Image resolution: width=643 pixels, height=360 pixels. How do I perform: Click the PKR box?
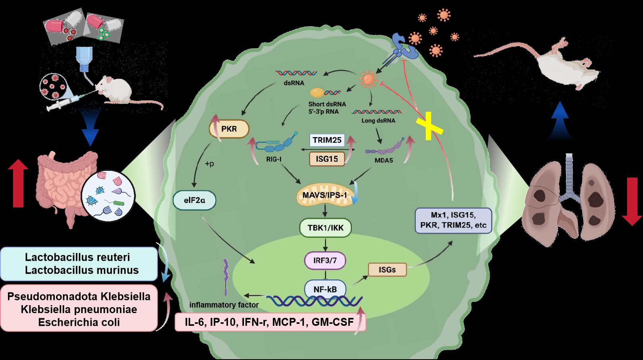229,130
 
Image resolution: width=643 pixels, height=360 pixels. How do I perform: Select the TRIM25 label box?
326,140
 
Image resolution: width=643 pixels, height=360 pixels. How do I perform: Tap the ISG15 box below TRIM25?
327,159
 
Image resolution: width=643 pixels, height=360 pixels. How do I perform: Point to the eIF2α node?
194,201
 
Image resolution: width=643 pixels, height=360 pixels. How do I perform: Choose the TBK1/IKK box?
326,228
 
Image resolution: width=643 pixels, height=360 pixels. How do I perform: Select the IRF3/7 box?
325,261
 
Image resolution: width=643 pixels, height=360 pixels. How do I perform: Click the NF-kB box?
325,289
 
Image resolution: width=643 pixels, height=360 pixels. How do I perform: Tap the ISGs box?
388,270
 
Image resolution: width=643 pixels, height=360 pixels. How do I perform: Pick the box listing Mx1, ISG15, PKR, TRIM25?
453,220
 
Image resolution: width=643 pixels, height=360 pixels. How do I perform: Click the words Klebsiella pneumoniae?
79,309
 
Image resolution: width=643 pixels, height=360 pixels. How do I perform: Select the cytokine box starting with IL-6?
270,322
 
